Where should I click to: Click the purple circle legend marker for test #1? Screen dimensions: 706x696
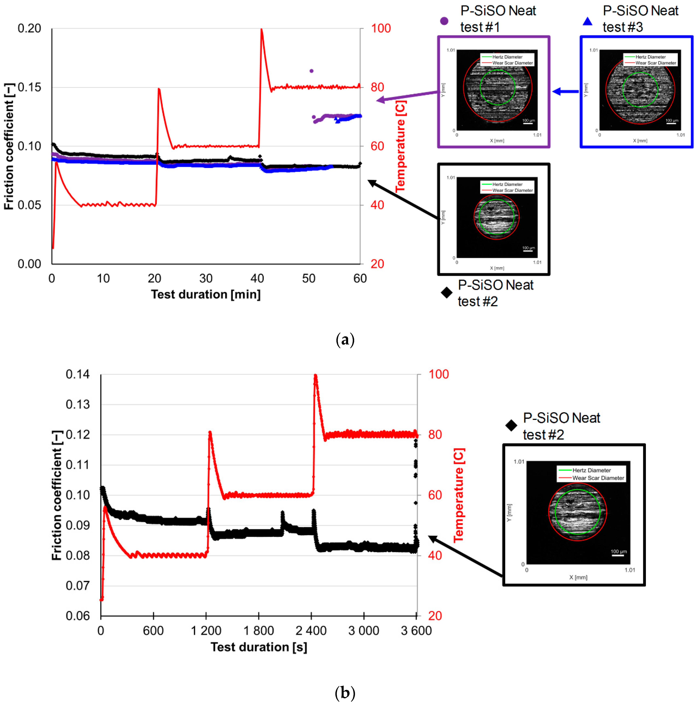point(444,21)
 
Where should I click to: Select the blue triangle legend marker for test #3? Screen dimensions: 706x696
point(588,22)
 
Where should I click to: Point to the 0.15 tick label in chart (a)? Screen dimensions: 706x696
point(29,87)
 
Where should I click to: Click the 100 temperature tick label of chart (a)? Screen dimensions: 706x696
point(381,28)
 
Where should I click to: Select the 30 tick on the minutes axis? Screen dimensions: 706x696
point(206,279)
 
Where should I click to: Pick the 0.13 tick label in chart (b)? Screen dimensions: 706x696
point(78,404)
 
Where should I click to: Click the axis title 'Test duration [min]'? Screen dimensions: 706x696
point(206,294)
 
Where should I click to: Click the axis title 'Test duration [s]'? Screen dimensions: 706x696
point(259,647)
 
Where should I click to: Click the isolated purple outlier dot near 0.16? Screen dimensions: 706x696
point(312,71)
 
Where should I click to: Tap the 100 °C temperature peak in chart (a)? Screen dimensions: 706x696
point(261,30)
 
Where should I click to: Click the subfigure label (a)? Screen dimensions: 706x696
point(345,340)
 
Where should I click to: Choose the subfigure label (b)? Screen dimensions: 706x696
point(345,692)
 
